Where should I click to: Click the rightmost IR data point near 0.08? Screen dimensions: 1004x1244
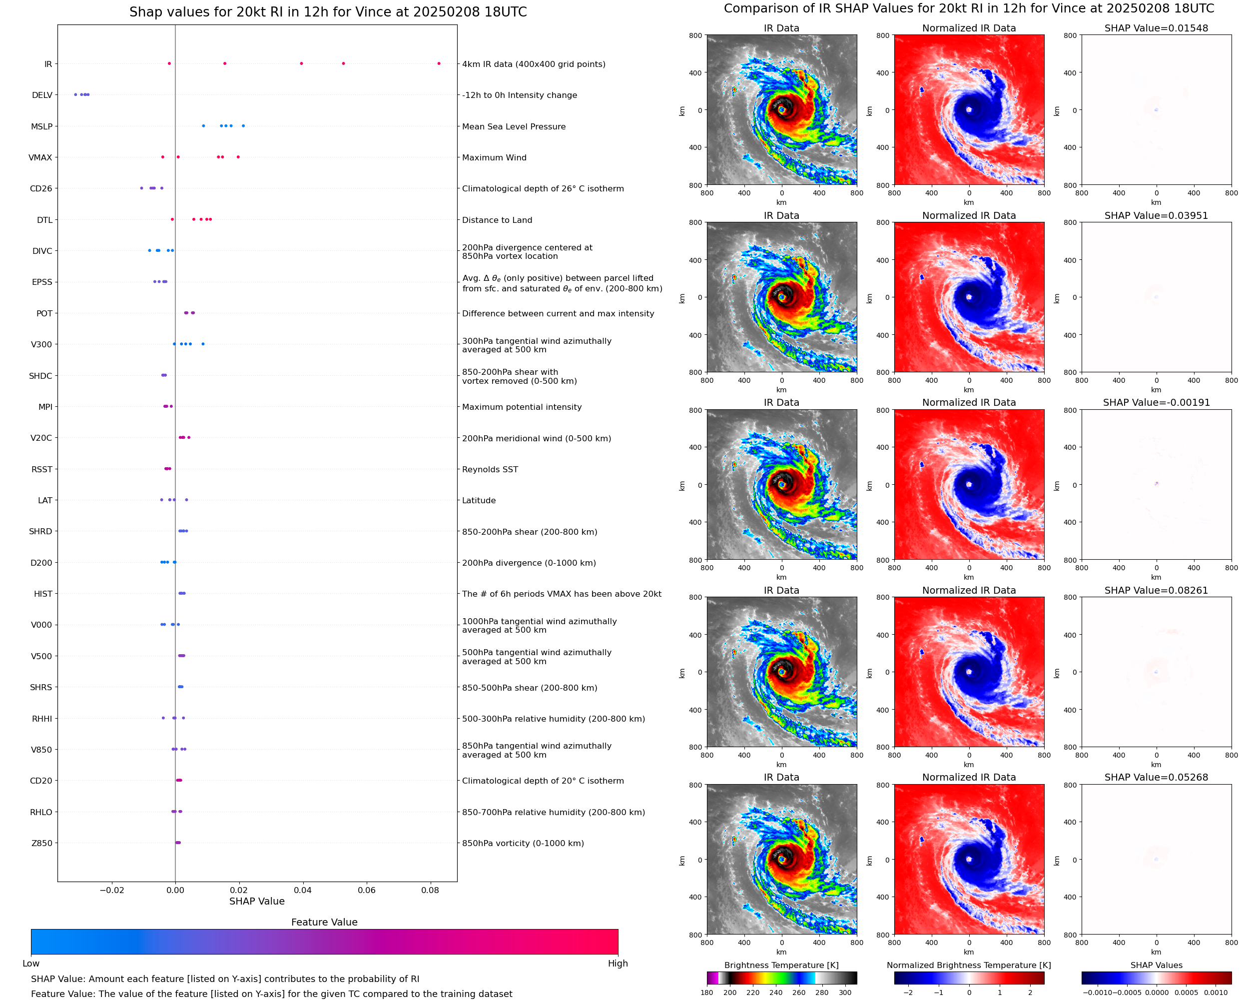pos(439,63)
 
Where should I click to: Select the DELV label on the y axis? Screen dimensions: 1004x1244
pos(41,95)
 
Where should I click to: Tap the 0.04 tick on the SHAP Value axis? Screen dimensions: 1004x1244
pos(303,890)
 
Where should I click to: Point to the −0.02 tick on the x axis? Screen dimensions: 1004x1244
pos(111,890)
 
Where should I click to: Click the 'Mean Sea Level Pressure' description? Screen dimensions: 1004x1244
pos(513,126)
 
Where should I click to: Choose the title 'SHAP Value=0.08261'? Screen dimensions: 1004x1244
pos(1156,591)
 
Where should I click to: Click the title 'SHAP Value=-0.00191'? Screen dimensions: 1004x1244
pos(1156,402)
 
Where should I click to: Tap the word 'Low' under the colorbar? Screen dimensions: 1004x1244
pos(30,964)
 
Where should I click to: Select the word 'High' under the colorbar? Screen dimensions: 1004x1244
pos(618,964)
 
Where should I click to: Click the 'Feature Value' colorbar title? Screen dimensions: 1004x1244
pos(324,923)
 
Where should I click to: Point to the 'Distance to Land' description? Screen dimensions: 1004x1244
pos(497,220)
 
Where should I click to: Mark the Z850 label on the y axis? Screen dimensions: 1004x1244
pos(41,843)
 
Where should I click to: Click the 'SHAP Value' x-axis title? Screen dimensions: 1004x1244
pos(257,902)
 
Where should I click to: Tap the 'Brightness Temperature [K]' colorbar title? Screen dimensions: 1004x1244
pos(781,965)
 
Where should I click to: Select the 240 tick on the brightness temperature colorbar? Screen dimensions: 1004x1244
pos(776,993)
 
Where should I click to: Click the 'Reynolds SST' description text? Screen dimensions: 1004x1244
pos(490,470)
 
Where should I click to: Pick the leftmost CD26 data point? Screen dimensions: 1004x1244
pos(141,188)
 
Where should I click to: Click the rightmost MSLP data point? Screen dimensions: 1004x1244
pos(243,126)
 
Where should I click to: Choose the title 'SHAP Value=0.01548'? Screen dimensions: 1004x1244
pos(1156,28)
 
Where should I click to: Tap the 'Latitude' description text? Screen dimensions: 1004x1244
pos(479,501)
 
